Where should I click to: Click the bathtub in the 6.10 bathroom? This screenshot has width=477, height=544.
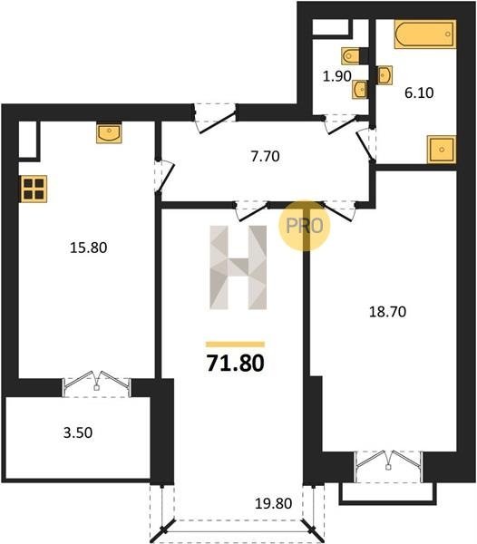pyautogui.click(x=425, y=34)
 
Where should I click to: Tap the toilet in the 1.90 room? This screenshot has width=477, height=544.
pyautogui.click(x=350, y=55)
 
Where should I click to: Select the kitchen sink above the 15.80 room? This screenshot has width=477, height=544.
pyautogui.click(x=109, y=132)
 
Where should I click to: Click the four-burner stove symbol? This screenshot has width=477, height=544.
pyautogui.click(x=34, y=189)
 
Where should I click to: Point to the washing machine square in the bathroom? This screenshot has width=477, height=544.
pyautogui.click(x=442, y=150)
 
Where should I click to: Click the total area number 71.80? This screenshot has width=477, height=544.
pyautogui.click(x=236, y=364)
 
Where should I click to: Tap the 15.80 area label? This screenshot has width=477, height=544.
pyautogui.click(x=89, y=248)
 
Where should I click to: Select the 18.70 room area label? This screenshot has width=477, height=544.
pyautogui.click(x=387, y=312)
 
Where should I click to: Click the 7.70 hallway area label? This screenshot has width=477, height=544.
pyautogui.click(x=266, y=157)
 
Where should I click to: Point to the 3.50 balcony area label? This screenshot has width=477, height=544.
pyautogui.click(x=78, y=432)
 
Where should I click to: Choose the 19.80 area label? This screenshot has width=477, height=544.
pyautogui.click(x=273, y=503)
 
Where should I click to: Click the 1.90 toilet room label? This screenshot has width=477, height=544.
pyautogui.click(x=336, y=76)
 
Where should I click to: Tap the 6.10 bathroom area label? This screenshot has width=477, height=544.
pyautogui.click(x=419, y=93)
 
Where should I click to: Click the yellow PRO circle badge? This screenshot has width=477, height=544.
pyautogui.click(x=305, y=226)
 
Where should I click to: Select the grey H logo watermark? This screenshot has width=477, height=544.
pyautogui.click(x=238, y=267)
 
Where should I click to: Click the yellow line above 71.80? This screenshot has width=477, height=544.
pyautogui.click(x=235, y=345)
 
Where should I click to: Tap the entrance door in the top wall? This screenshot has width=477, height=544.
pyautogui.click(x=215, y=118)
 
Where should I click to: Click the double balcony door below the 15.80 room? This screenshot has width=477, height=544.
pyautogui.click(x=96, y=384)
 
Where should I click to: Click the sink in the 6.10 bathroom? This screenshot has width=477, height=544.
pyautogui.click(x=385, y=75)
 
